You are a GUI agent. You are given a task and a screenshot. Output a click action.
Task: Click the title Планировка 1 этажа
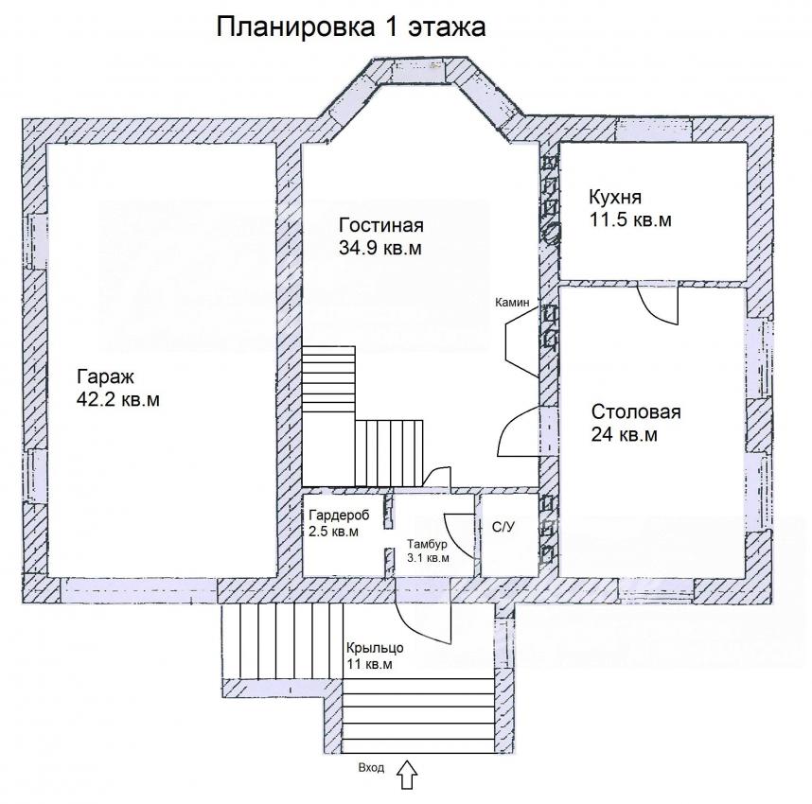pyautogui.click(x=350, y=26)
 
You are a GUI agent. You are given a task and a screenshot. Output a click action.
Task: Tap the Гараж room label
pyautogui.click(x=105, y=376)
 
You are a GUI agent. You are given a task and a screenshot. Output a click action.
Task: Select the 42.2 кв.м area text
pyautogui.click(x=117, y=400)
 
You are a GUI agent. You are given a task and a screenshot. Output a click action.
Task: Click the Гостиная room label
pyautogui.click(x=381, y=225)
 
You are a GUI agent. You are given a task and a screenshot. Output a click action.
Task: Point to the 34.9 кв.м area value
pyautogui.click(x=380, y=248)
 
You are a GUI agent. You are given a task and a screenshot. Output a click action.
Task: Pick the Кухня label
pyautogui.click(x=615, y=198)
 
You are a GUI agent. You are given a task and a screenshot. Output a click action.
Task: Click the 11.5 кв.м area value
pyautogui.click(x=630, y=220)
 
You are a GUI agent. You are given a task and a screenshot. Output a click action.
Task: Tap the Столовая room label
pyautogui.click(x=636, y=412)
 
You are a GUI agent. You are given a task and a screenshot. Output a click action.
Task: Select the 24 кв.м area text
pyautogui.click(x=624, y=434)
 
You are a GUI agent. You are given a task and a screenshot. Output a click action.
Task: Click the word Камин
pyautogui.click(x=512, y=303)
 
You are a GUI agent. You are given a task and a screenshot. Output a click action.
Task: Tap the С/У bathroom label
pyautogui.click(x=503, y=528)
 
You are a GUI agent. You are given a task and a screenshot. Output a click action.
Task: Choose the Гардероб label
pyautogui.click(x=339, y=516)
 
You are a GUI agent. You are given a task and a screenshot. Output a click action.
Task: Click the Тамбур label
pyautogui.click(x=427, y=544)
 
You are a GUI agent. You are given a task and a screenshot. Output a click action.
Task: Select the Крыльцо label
pyautogui.click(x=375, y=648)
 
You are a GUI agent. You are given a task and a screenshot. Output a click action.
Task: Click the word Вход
pyautogui.click(x=371, y=767)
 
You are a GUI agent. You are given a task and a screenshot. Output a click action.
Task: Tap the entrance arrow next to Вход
pyautogui.click(x=407, y=775)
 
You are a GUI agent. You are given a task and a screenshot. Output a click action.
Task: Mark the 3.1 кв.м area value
pyautogui.click(x=428, y=558)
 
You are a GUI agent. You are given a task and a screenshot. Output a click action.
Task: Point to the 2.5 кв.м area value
pyautogui.click(x=333, y=532)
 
